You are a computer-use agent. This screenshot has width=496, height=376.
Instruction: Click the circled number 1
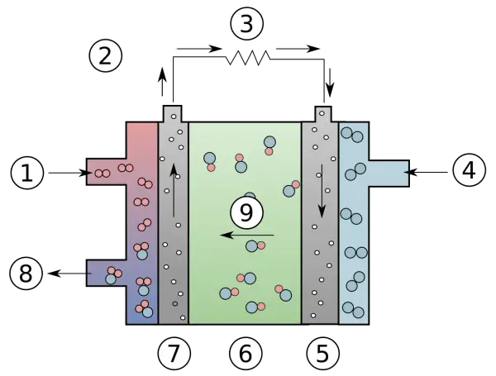click(x=27, y=174)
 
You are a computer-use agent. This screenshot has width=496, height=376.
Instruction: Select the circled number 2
click(x=105, y=56)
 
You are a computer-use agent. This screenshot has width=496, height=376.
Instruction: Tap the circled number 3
click(x=246, y=24)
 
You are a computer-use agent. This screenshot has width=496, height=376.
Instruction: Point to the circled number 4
click(x=469, y=170)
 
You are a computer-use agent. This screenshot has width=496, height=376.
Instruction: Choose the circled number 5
click(x=322, y=353)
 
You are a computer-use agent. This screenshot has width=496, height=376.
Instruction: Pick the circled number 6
click(x=246, y=353)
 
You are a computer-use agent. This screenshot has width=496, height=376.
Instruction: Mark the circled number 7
click(x=174, y=353)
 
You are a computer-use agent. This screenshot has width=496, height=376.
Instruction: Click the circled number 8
click(x=26, y=274)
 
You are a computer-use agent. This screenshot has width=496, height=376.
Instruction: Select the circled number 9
click(x=246, y=212)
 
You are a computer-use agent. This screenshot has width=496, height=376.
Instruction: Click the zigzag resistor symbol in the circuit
click(x=248, y=58)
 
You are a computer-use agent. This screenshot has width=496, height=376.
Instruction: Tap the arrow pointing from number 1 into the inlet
click(x=70, y=173)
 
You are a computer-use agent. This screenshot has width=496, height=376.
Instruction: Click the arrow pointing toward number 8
click(x=70, y=274)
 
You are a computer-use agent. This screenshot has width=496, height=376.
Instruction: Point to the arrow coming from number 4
click(x=426, y=173)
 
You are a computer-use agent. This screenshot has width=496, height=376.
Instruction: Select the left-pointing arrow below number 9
click(x=246, y=235)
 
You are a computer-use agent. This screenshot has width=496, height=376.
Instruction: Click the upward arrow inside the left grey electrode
click(x=174, y=190)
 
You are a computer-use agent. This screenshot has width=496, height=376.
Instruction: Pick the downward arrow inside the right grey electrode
click(x=322, y=191)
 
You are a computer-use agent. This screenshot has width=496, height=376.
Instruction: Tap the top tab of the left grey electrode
click(x=173, y=113)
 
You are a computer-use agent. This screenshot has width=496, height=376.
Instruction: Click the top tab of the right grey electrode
click(x=323, y=114)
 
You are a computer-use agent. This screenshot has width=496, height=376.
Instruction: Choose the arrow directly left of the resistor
click(x=199, y=49)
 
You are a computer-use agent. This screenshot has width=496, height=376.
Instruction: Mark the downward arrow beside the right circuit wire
click(x=330, y=83)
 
